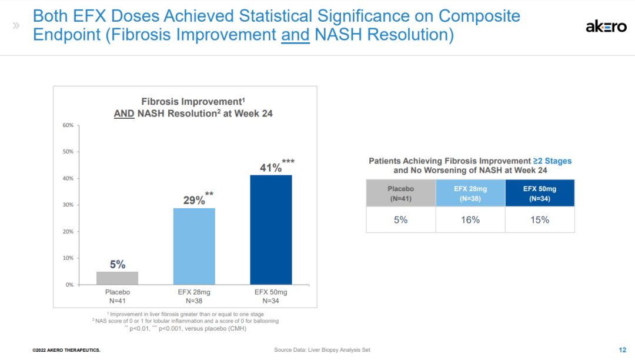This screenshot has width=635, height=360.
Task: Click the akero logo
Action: pos(606,26)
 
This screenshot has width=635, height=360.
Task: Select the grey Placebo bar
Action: pos(118,278)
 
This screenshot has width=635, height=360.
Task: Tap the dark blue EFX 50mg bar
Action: pos(270,229)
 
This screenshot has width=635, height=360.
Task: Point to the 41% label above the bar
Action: pos(271,168)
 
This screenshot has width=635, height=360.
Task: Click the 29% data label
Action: pos(194,200)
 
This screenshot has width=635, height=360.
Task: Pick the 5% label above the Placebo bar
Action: pos(118,265)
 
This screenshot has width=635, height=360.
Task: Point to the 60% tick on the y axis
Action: pos(68,125)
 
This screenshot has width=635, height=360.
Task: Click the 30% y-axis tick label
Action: pos(68,205)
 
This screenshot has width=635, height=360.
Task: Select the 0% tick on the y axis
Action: pos(69,285)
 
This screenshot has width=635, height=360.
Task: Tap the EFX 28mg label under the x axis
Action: pos(193,292)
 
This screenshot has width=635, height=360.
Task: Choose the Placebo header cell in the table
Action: pos(401,194)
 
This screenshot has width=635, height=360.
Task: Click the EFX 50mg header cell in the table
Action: pos(540,194)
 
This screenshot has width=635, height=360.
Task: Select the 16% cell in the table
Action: pos(470,219)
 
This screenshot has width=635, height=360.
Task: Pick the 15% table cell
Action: pos(540,219)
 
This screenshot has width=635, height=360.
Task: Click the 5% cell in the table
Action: pos(401,219)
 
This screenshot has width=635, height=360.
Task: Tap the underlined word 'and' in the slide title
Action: pos(295,35)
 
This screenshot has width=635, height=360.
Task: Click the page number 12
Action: pos(622,349)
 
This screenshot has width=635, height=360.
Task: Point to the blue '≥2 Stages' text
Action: pos(552,161)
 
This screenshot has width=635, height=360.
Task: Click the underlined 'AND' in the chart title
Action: pos(124,114)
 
